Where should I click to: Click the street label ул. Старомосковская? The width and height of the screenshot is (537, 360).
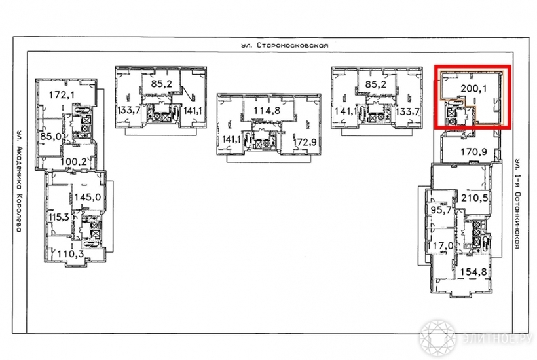[284, 45]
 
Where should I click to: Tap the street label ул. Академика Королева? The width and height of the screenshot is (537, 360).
[19, 181]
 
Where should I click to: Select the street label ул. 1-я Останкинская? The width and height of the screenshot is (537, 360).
[517, 204]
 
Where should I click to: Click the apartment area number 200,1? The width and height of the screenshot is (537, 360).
[473, 88]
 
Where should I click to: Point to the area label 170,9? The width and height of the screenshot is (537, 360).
[473, 151]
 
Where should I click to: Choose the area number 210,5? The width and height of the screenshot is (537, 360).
[474, 198]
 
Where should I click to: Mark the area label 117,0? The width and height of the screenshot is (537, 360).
[441, 245]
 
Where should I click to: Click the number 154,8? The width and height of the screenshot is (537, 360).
[473, 272]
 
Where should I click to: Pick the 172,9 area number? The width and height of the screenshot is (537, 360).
[305, 141]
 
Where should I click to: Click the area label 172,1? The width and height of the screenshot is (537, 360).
[62, 94]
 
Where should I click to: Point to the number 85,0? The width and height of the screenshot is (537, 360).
[50, 136]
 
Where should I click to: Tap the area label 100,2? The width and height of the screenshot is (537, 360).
[73, 161]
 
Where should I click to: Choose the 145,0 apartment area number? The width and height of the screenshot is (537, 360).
[88, 197]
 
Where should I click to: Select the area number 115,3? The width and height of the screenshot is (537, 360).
[58, 217]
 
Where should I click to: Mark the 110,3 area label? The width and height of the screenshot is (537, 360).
[70, 253]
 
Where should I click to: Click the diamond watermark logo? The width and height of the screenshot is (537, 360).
[437, 336]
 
